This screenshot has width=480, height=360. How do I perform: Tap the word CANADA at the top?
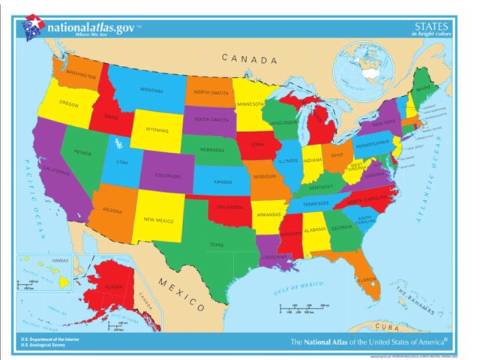249,58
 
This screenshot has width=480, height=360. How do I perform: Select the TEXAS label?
216,244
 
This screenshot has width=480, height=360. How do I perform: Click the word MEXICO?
181,293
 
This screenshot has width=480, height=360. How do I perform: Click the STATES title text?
430,26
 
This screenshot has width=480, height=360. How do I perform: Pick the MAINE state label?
424,88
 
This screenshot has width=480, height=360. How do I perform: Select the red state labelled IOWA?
257,146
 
